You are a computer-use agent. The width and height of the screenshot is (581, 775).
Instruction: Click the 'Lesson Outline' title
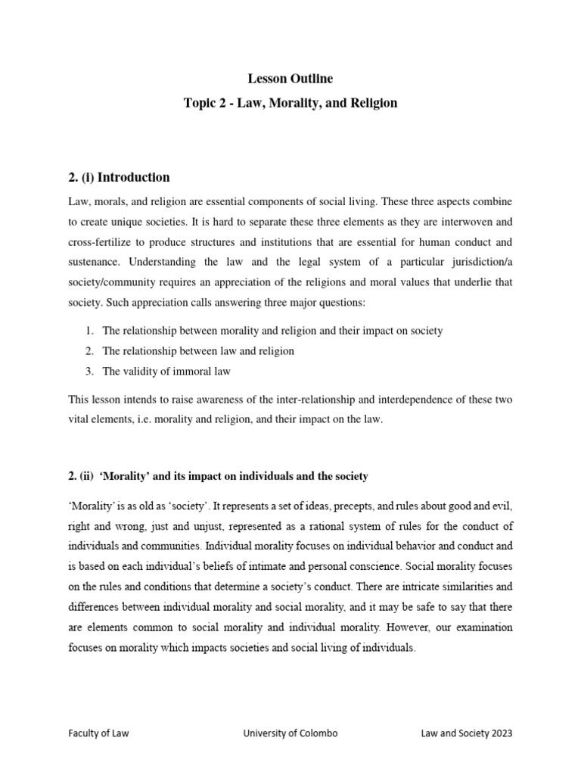coord(290,78)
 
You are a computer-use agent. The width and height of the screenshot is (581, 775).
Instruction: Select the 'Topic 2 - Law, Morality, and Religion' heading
coord(290,102)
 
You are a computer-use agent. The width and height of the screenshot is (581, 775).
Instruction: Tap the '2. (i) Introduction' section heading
coord(119,177)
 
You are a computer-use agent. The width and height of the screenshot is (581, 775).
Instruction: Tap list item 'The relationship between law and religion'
coord(198,350)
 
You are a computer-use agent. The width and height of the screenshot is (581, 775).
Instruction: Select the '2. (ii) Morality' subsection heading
coord(218,476)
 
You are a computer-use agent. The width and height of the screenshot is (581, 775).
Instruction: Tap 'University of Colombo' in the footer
coord(290,733)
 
